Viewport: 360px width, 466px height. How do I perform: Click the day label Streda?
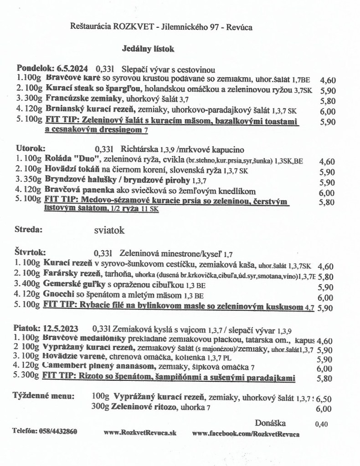pyautogui.click(x=29, y=230)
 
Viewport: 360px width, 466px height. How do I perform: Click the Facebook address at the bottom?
pyautogui.click(x=246, y=434)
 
